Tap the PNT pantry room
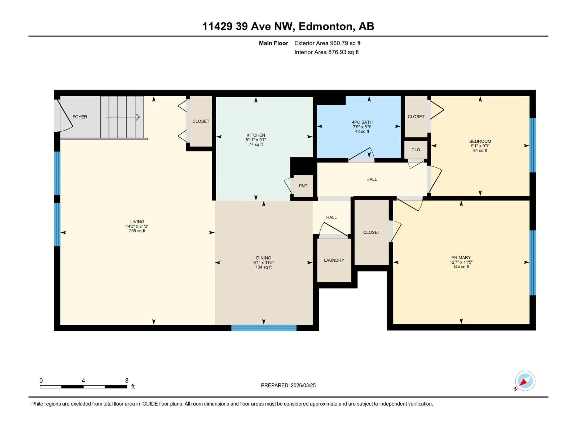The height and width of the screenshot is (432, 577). coord(303,186)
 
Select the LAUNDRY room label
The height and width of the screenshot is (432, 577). coord(334,260)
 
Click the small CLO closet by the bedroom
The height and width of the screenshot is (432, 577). coord(416,150)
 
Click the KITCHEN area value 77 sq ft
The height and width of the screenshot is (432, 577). coord(256,144)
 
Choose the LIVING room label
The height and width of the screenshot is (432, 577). coord(137,222)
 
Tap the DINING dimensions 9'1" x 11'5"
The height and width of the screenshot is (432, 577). coord(263,262)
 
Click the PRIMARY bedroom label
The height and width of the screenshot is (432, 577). coord(461,258)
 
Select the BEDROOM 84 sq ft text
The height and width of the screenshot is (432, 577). coord(480,150)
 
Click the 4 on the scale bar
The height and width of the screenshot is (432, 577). coord(83,380)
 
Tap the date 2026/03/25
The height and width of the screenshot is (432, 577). coord(303,385)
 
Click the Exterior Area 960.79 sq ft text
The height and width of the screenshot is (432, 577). coord(327,43)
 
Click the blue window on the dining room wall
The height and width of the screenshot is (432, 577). coord(264,328)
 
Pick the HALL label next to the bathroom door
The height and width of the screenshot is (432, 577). coord(371,179)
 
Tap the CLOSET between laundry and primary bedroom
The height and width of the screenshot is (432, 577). coord(371,232)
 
